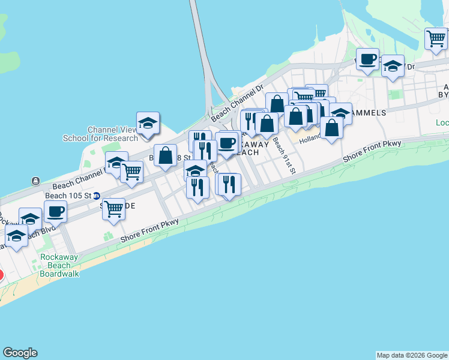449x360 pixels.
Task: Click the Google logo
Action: [x=20, y=353]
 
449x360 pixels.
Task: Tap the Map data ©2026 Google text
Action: [x=411, y=355]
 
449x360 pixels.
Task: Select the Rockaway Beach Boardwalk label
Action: [x=59, y=265]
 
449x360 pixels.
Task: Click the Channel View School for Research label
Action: [x=101, y=134]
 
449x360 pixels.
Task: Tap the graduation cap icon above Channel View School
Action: [x=148, y=123]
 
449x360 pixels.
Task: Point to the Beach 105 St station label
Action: [x=68, y=196]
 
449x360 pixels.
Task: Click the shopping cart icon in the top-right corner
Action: [x=436, y=39]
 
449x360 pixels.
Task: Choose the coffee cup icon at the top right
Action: [x=367, y=59]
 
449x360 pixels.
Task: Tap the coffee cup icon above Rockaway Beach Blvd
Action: [x=56, y=211]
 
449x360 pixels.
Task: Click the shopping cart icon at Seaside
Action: [x=113, y=209]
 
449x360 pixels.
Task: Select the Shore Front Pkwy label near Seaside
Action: [x=149, y=229]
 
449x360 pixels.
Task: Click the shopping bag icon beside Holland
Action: [x=331, y=127]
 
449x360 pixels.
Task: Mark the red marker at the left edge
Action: [x=1, y=276]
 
